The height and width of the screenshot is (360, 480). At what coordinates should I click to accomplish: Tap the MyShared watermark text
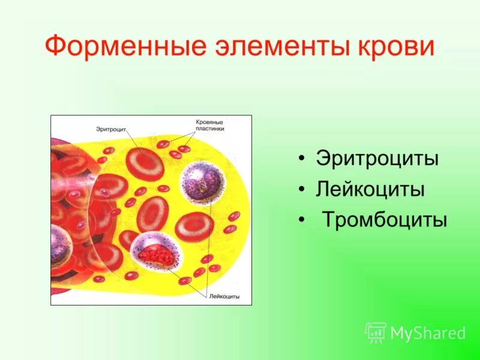click(428, 333)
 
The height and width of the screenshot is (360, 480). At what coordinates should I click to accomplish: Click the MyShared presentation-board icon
click(376, 332)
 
